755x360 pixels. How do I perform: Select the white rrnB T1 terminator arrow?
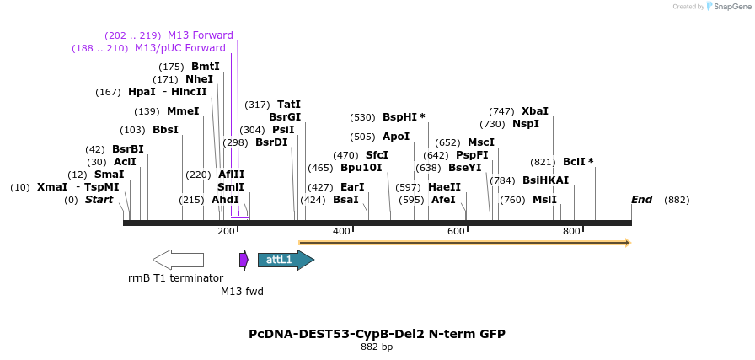(178, 260)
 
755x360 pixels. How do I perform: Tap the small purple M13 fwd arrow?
(244, 260)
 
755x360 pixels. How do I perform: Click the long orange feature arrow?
(464, 243)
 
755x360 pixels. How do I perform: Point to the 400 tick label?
(341, 231)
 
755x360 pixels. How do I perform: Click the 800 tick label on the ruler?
(571, 231)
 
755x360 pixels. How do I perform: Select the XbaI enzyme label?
(534, 111)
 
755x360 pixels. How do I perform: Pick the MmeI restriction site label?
(183, 111)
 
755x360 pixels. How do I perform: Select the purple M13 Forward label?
(201, 35)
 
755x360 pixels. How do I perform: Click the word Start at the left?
(99, 200)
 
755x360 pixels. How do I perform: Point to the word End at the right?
(641, 200)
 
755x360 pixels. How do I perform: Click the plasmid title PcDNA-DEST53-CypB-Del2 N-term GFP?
(377, 334)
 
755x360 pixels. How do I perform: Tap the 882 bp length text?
(377, 347)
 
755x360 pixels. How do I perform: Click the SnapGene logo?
(728, 7)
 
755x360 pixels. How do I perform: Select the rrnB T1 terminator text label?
(175, 278)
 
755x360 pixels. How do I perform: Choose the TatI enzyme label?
(289, 105)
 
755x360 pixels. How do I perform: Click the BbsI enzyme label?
(165, 130)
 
